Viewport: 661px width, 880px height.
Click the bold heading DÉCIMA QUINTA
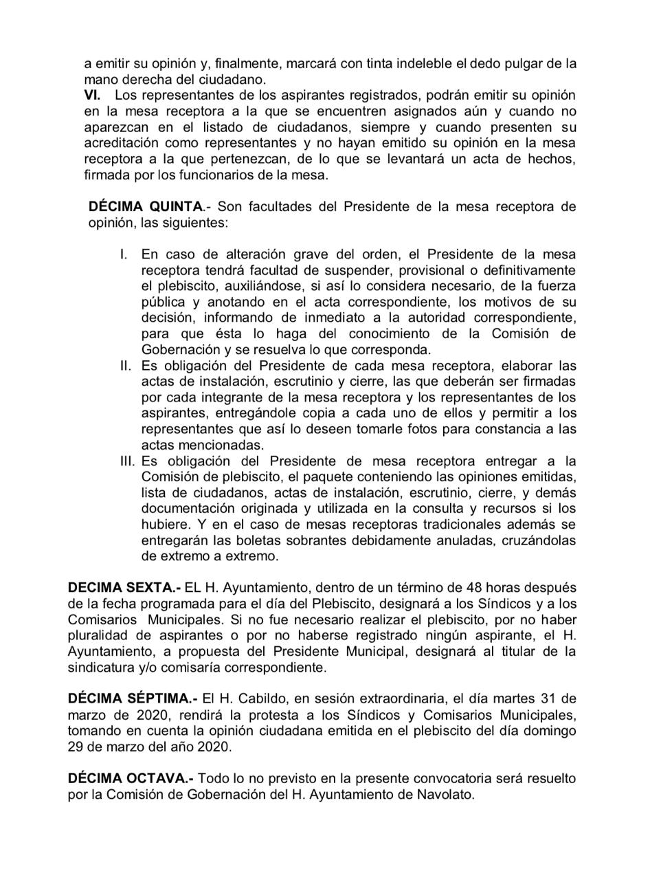coord(146,206)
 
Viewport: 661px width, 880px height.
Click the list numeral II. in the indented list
coord(126,365)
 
